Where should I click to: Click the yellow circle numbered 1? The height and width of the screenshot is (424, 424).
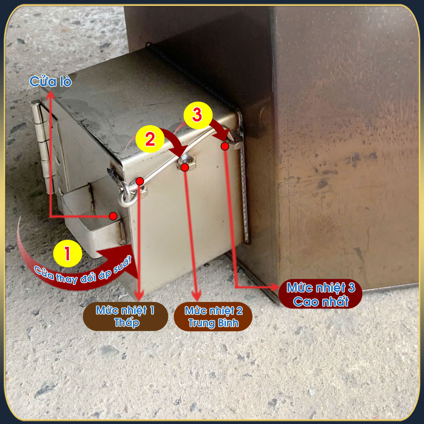[68, 253]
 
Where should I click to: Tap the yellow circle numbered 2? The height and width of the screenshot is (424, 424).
[150, 139]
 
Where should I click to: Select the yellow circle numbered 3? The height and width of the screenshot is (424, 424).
[198, 115]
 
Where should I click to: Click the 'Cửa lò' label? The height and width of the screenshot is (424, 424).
[51, 81]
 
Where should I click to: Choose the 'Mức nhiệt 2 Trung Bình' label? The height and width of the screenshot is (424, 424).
[213, 317]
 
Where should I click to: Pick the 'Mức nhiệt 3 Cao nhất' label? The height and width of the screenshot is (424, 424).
[320, 294]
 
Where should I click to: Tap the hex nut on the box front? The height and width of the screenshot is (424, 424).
[186, 162]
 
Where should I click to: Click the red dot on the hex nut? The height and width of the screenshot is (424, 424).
[185, 168]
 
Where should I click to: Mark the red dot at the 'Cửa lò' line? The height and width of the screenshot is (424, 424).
[113, 216]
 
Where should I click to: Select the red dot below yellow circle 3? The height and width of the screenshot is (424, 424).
[225, 146]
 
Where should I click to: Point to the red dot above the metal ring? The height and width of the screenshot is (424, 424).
[139, 181]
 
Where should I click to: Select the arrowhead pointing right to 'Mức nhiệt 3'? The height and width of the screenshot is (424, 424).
[274, 287]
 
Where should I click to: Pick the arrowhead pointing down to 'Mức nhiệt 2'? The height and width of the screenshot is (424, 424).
[197, 295]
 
